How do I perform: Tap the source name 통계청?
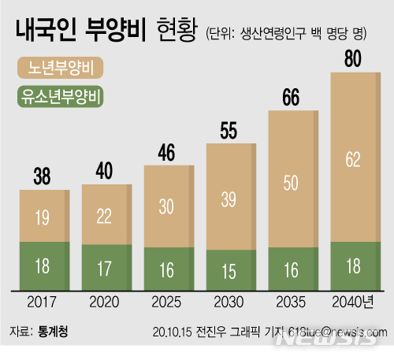pos(53,332)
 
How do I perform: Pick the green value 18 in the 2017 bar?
pos(43,266)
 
